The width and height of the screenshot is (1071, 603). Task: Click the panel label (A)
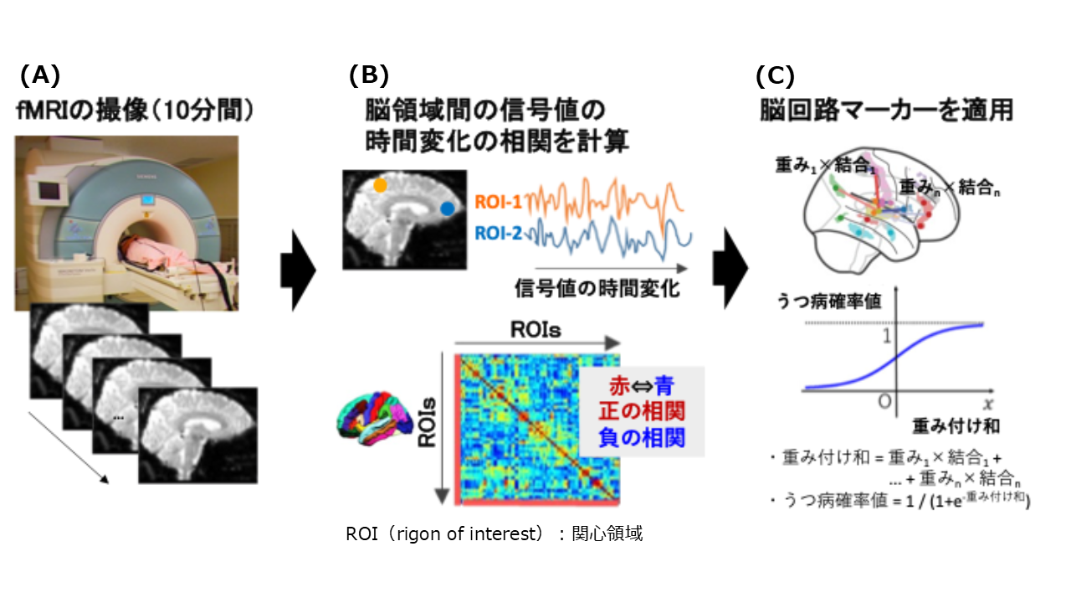40,76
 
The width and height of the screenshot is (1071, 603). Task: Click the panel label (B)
369,76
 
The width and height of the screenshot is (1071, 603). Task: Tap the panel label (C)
775,76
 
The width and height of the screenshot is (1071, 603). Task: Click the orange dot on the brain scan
381,185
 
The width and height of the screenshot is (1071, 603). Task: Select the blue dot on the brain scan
448,208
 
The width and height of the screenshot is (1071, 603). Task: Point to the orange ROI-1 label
499,202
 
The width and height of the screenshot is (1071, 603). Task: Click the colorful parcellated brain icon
371,416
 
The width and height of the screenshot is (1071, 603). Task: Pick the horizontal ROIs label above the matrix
536,329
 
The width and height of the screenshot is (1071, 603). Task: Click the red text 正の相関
642,411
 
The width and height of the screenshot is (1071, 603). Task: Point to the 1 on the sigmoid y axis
886,337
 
